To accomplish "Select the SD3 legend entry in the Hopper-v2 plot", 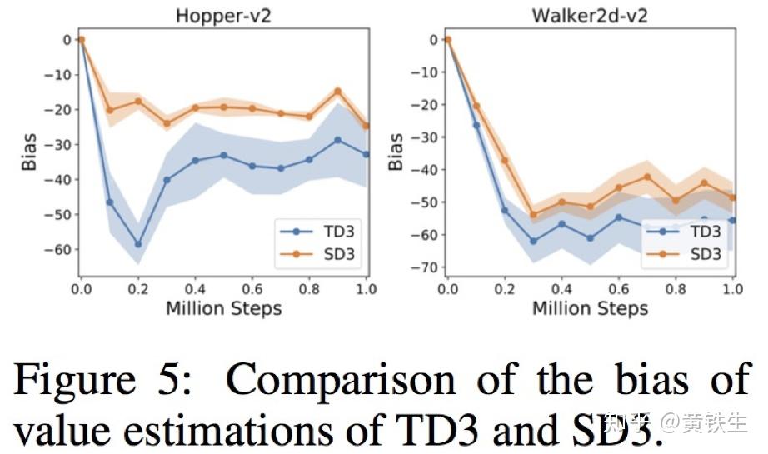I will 321,253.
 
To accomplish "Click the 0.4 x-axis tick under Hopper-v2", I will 195,289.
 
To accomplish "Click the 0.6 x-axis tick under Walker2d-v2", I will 619,289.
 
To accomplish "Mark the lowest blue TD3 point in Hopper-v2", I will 138,244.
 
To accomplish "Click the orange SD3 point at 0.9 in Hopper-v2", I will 337,91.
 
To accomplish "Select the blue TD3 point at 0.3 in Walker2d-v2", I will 533,241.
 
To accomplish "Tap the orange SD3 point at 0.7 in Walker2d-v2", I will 647,177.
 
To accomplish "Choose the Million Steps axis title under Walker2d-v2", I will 590,309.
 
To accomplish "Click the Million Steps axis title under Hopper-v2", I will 223,309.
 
